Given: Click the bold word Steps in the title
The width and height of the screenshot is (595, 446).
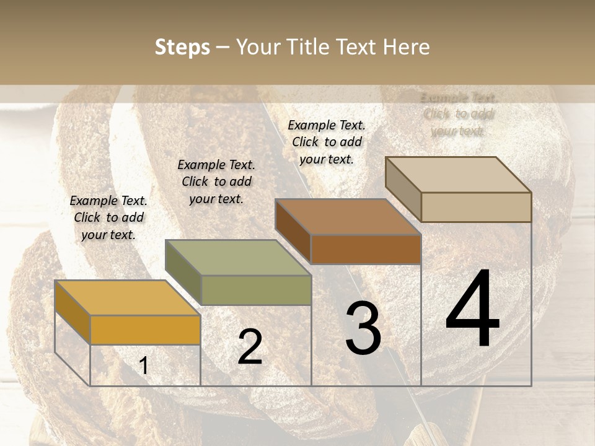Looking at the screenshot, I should (x=182, y=47).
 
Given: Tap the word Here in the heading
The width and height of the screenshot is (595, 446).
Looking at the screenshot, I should (x=406, y=47).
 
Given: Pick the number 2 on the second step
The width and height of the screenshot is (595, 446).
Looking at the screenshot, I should (x=250, y=348).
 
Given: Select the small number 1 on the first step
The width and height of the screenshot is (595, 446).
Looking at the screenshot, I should (x=144, y=366).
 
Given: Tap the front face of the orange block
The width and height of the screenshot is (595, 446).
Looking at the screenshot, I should (x=145, y=330).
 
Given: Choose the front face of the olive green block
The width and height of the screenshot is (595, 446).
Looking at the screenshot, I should (x=256, y=290).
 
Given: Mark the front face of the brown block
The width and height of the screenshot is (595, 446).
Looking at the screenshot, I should (x=366, y=249).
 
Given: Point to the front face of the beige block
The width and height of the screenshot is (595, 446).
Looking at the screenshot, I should (x=476, y=207).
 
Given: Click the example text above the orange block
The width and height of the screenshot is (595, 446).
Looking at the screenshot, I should (x=108, y=218).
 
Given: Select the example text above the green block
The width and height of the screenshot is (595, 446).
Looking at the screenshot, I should (x=216, y=182).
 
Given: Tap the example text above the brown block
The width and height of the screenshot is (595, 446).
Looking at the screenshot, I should (x=327, y=142).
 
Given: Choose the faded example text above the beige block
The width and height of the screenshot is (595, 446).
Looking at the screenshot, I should (x=458, y=115).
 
